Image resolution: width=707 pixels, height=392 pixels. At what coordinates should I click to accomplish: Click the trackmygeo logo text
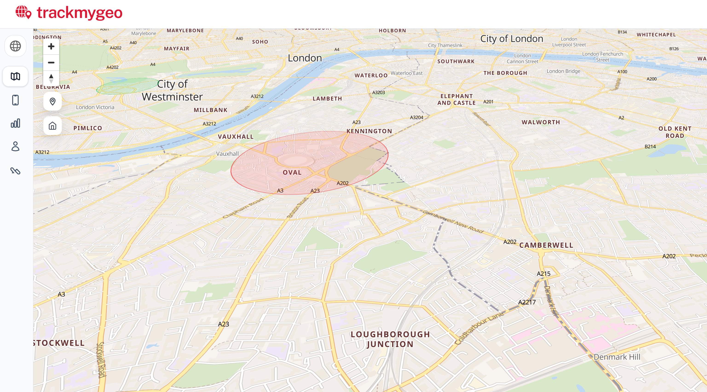(x=79, y=13)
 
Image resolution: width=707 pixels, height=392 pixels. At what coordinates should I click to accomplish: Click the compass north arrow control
(x=51, y=78)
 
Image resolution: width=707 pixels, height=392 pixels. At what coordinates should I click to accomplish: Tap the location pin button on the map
(x=52, y=102)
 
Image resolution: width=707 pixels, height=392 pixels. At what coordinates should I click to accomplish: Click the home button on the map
(x=52, y=126)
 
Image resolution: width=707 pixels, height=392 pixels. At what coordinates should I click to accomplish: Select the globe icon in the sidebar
(x=15, y=46)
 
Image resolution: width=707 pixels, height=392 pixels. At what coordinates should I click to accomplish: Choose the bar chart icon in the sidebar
(x=15, y=123)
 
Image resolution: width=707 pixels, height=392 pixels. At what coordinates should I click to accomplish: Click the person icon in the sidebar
(x=15, y=146)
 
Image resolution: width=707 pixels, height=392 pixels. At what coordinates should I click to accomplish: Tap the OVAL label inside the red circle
(x=292, y=172)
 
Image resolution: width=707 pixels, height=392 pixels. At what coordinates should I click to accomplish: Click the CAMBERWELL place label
(x=546, y=245)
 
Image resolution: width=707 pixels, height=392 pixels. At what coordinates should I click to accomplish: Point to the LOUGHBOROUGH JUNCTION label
(x=390, y=339)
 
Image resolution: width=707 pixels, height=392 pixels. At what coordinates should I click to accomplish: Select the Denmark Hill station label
(x=617, y=357)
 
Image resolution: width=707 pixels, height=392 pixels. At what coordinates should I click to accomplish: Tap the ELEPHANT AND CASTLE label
(x=456, y=99)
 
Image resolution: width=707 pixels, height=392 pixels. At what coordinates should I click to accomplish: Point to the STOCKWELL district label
(x=59, y=343)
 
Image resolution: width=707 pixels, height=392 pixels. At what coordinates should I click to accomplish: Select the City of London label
(x=512, y=39)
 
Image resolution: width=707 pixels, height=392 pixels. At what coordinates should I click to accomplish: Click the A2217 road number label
(x=527, y=302)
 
